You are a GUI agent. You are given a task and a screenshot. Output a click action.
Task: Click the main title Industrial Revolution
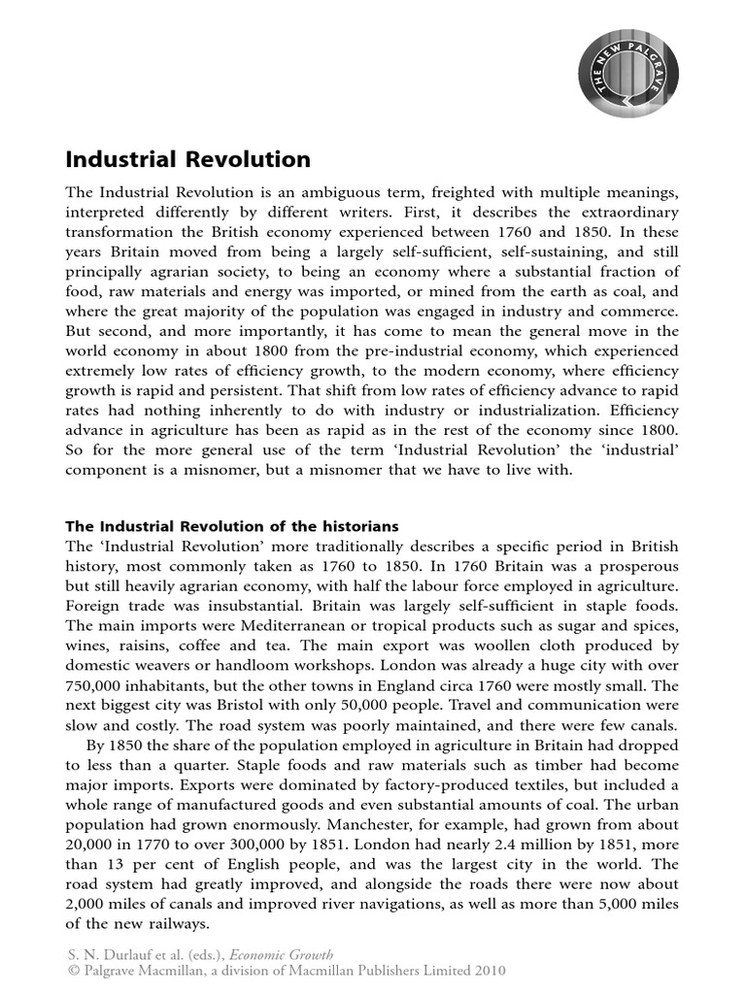(187, 159)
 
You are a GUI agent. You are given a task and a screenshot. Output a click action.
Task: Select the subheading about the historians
(231, 526)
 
